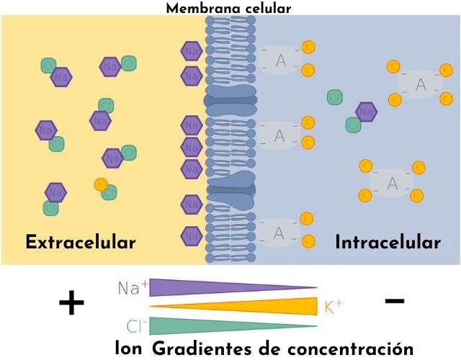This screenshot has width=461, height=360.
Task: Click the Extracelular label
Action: click(80, 242)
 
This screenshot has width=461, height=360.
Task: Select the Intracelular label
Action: click(388, 242)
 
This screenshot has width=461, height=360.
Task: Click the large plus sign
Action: click(71, 303)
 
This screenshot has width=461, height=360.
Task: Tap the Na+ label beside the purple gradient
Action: click(133, 288)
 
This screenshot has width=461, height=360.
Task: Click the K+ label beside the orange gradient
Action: click(333, 306)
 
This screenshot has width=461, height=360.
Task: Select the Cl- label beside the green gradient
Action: click(136, 323)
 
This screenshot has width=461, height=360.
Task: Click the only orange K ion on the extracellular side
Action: click(101, 184)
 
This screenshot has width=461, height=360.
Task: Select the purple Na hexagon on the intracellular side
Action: click(366, 112)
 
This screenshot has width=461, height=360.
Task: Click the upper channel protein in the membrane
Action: click(230, 100)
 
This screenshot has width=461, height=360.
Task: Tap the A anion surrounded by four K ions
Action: click(393, 183)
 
